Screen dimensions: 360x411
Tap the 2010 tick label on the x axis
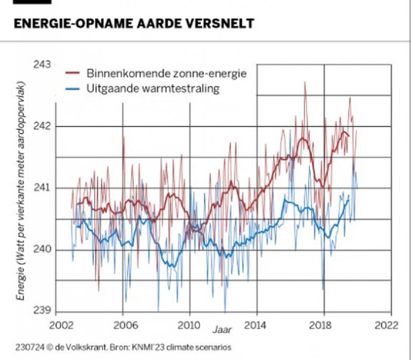click(x=190, y=325)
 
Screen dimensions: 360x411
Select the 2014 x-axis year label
click(x=257, y=325)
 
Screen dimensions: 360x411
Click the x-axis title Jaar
click(x=221, y=329)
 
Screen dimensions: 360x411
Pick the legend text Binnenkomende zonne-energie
click(x=166, y=74)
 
